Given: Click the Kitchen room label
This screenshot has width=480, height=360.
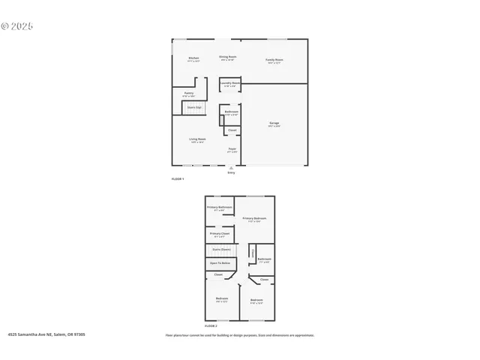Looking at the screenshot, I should (193, 58).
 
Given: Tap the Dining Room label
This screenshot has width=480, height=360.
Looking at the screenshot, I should (228, 57).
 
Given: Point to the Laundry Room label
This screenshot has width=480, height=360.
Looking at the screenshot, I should (230, 82).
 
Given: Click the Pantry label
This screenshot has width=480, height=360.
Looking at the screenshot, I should (189, 93).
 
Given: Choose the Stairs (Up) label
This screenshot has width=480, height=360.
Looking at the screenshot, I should (194, 107).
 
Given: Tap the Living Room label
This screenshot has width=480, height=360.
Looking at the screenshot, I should (198, 139).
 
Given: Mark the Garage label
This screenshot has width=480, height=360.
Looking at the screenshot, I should (274, 123).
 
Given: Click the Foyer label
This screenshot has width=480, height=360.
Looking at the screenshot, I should (232, 148).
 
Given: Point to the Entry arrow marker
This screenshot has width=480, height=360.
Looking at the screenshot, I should (231, 169).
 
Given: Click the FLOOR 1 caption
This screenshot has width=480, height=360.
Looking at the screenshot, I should (178, 178).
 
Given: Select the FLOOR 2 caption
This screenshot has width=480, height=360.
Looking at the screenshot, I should (211, 326).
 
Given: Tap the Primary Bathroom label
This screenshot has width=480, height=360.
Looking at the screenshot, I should (220, 207).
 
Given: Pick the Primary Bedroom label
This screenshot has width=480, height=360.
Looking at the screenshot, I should (255, 218).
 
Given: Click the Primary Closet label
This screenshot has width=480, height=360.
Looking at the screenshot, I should (220, 233).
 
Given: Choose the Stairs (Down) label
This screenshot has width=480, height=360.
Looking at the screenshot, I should (221, 249).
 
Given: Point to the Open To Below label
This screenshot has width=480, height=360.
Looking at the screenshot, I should (220, 263).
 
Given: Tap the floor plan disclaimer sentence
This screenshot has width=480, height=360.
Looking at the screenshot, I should (240, 335).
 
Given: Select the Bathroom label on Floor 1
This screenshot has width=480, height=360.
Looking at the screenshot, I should (231, 112).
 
